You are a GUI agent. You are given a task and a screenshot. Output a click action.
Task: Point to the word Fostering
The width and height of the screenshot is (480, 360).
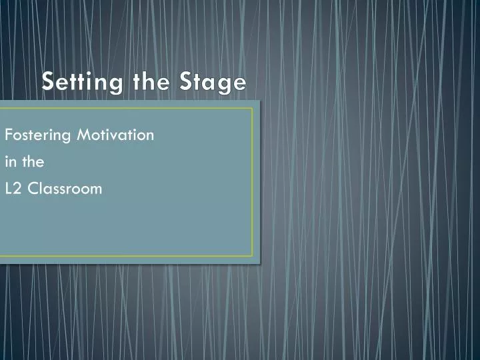pos(38,135)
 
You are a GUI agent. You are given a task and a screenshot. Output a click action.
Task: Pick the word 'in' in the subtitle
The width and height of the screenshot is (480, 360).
pos(9,161)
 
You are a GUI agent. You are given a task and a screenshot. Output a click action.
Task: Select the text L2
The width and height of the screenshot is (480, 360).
pos(12,188)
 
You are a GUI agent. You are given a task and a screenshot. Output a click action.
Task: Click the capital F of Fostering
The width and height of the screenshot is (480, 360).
pos(9,135)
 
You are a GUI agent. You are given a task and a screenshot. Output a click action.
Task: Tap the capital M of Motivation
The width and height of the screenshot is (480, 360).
pos(83,135)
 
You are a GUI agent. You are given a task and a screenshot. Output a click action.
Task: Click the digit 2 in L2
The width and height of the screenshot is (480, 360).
pos(16,188)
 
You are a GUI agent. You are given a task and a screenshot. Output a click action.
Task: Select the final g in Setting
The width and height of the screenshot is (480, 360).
pos(106,85)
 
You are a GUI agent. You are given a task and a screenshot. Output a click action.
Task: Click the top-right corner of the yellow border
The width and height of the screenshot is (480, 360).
pos(253,109)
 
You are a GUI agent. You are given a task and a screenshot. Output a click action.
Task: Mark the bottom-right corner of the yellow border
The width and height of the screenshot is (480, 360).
pos(253,256)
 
